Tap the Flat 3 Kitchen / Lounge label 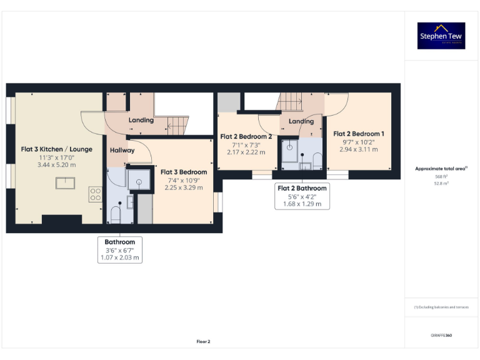pyautogui.click(x=56, y=149)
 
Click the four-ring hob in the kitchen pyautogui.click(x=95, y=194)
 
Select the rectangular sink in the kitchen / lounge pyautogui.click(x=65, y=182)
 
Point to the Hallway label pyautogui.click(x=122, y=151)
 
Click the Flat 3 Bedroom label pyautogui.click(x=184, y=172)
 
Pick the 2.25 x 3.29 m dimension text pyautogui.click(x=184, y=187)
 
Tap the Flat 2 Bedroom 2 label pyautogui.click(x=246, y=136)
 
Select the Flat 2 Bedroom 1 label pyautogui.click(x=358, y=134)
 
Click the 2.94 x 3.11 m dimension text pyautogui.click(x=358, y=149)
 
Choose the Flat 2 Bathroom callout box pyautogui.click(x=302, y=196)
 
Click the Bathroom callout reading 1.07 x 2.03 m pyautogui.click(x=119, y=249)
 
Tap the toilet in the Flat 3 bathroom pyautogui.click(x=115, y=214)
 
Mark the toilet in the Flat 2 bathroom pyautogui.click(x=317, y=161)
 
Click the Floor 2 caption pyautogui.click(x=203, y=342)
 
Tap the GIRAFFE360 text pyautogui.click(x=441, y=336)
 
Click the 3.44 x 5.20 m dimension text pyautogui.click(x=56, y=164)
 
